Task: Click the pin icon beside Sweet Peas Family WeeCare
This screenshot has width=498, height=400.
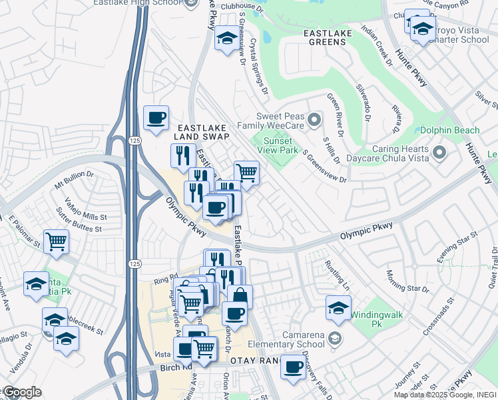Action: point(316,120)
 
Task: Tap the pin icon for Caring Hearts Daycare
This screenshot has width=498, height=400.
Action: point(439,154)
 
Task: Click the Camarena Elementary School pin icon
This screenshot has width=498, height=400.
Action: point(336,338)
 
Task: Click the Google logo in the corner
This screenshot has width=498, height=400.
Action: point(22,392)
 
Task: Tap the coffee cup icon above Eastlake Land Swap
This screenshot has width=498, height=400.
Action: point(156,119)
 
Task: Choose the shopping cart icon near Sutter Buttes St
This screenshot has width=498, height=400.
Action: point(57,241)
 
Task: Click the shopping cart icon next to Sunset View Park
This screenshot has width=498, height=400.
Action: point(246,173)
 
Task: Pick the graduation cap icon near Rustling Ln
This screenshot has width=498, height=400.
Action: point(338,308)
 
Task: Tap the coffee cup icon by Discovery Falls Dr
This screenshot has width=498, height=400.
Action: point(292,366)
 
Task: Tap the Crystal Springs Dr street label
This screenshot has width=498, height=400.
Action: point(258,65)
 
